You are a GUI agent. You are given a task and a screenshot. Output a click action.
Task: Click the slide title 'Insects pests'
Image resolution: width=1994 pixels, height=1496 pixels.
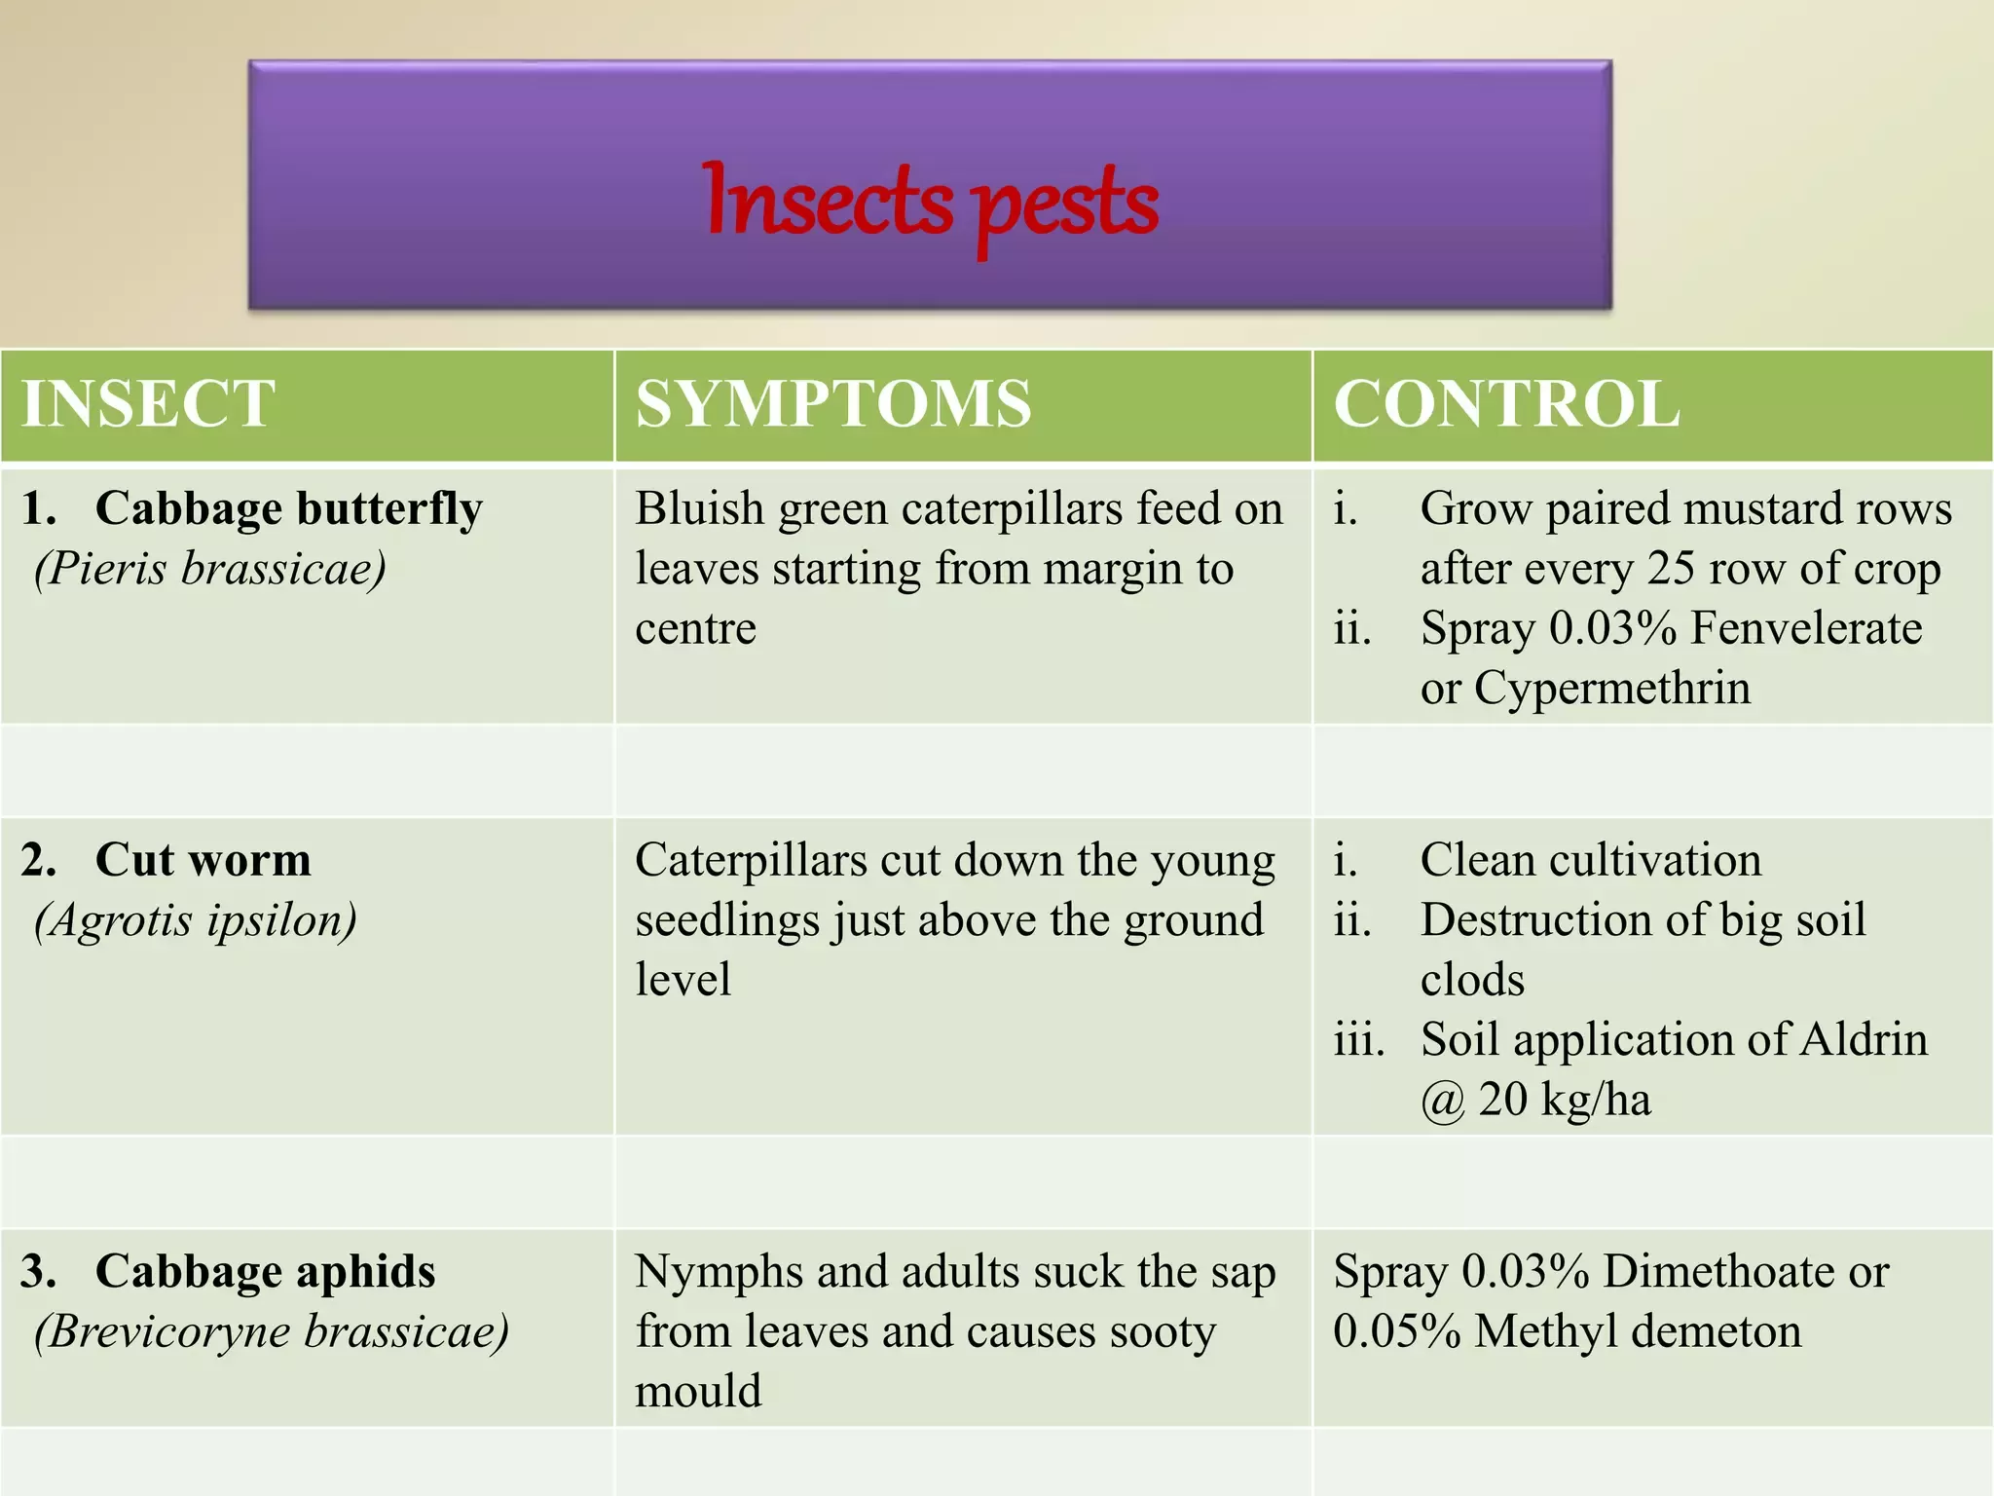[x=930, y=205]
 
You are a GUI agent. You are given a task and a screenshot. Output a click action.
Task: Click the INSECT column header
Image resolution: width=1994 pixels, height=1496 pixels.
[x=149, y=403]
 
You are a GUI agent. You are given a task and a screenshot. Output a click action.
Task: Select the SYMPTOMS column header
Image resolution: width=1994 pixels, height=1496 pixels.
[x=833, y=403]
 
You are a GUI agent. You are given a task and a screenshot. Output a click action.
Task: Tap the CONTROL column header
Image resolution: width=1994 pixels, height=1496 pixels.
[x=1507, y=403]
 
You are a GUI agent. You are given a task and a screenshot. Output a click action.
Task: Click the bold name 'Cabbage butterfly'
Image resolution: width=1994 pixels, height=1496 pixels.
[x=289, y=509]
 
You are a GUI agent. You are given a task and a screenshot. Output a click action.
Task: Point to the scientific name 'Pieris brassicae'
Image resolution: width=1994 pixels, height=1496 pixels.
[x=210, y=569]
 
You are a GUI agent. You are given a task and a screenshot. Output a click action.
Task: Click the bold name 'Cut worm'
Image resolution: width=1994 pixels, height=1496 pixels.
[x=203, y=860]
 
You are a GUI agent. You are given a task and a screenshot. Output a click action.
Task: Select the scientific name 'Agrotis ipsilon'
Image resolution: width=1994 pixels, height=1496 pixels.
[x=196, y=920]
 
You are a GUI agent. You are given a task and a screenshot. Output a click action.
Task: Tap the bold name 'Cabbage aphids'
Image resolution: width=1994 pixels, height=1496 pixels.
[x=266, y=1272]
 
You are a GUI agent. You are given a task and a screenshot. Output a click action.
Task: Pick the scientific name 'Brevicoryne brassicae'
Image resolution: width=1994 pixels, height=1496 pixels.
[x=272, y=1331]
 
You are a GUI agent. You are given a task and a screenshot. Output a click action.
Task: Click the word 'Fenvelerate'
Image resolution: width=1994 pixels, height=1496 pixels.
[x=1807, y=628]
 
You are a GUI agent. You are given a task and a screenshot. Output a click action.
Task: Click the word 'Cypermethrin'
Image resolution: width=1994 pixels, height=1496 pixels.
[x=1612, y=690]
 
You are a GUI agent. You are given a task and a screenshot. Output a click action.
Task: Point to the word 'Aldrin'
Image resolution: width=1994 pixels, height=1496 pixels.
[x=1864, y=1039]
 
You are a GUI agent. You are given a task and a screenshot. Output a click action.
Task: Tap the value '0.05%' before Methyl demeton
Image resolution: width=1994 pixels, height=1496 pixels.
[x=1397, y=1331]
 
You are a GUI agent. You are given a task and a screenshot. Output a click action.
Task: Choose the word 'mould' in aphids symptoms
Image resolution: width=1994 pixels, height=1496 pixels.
[x=698, y=1391]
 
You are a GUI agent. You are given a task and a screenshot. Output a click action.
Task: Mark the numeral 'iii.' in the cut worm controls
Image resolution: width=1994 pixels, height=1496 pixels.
[x=1359, y=1039]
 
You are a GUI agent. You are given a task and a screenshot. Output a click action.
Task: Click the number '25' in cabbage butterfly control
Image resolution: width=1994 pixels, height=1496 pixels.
[x=1672, y=569]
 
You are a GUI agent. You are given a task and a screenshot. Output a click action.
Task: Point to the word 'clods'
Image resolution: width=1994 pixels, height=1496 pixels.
[x=1472, y=980]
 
